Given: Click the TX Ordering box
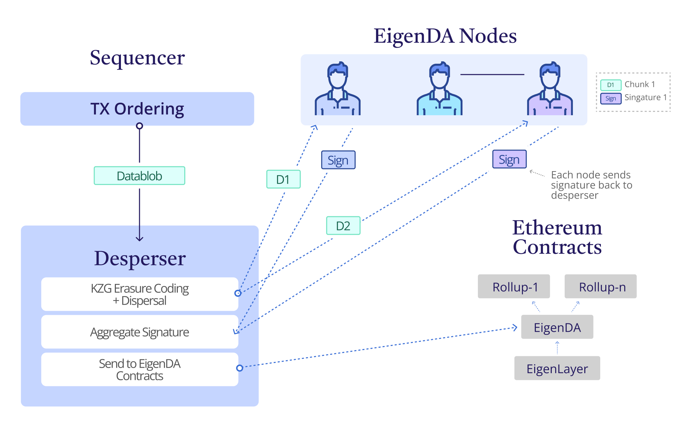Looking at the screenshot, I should tap(137, 109).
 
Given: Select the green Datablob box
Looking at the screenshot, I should tap(139, 176).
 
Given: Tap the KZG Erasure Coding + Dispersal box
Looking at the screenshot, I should tap(140, 294).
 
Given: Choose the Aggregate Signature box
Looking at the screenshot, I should tap(140, 332).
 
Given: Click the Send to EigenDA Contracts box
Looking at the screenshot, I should tap(140, 369).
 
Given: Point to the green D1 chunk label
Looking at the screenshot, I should tap(283, 179).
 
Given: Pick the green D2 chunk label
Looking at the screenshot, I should tap(343, 226).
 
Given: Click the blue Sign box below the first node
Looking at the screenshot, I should tap(338, 160).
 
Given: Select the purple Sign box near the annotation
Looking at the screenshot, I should tap(509, 159).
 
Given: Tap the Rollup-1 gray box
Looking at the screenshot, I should tap(514, 287).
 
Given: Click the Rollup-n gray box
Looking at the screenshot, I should tap(601, 287).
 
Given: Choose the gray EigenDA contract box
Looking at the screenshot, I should tap(557, 327).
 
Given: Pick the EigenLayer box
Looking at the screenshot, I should tap(557, 368).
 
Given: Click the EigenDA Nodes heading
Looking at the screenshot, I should tap(445, 36).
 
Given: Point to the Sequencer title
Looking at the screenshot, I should tap(137, 58).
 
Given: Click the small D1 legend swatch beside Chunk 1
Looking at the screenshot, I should tap(610, 85).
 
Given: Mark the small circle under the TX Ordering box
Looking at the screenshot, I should tap(139, 126).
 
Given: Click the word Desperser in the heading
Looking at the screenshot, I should tap(140, 258).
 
